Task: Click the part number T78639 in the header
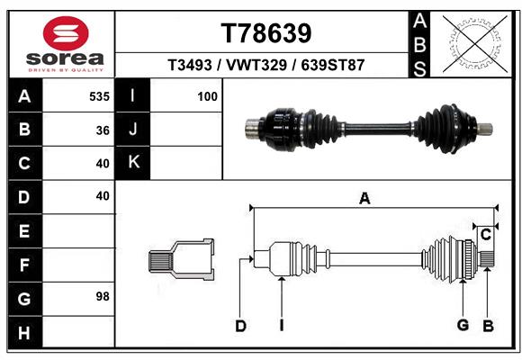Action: coord(265,33)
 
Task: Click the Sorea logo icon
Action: coord(66,33)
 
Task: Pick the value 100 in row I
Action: coord(207,96)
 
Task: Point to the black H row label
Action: coord(24,333)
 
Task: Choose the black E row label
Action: coord(24,231)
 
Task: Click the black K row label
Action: coord(133,163)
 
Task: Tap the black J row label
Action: coord(133,130)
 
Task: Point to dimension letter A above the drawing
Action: coord(364,199)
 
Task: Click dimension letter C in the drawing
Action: coord(485,235)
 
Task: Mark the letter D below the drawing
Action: coord(240,327)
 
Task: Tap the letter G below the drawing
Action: coord(463,325)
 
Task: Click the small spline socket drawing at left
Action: coord(181,260)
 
